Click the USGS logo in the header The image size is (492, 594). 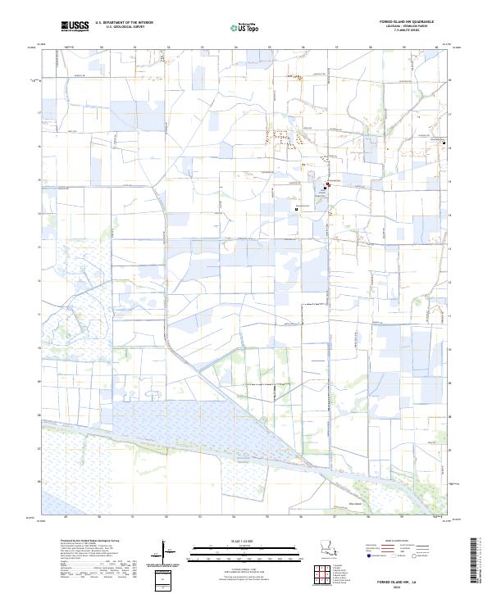(74, 26)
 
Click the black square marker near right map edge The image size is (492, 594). (444, 143)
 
